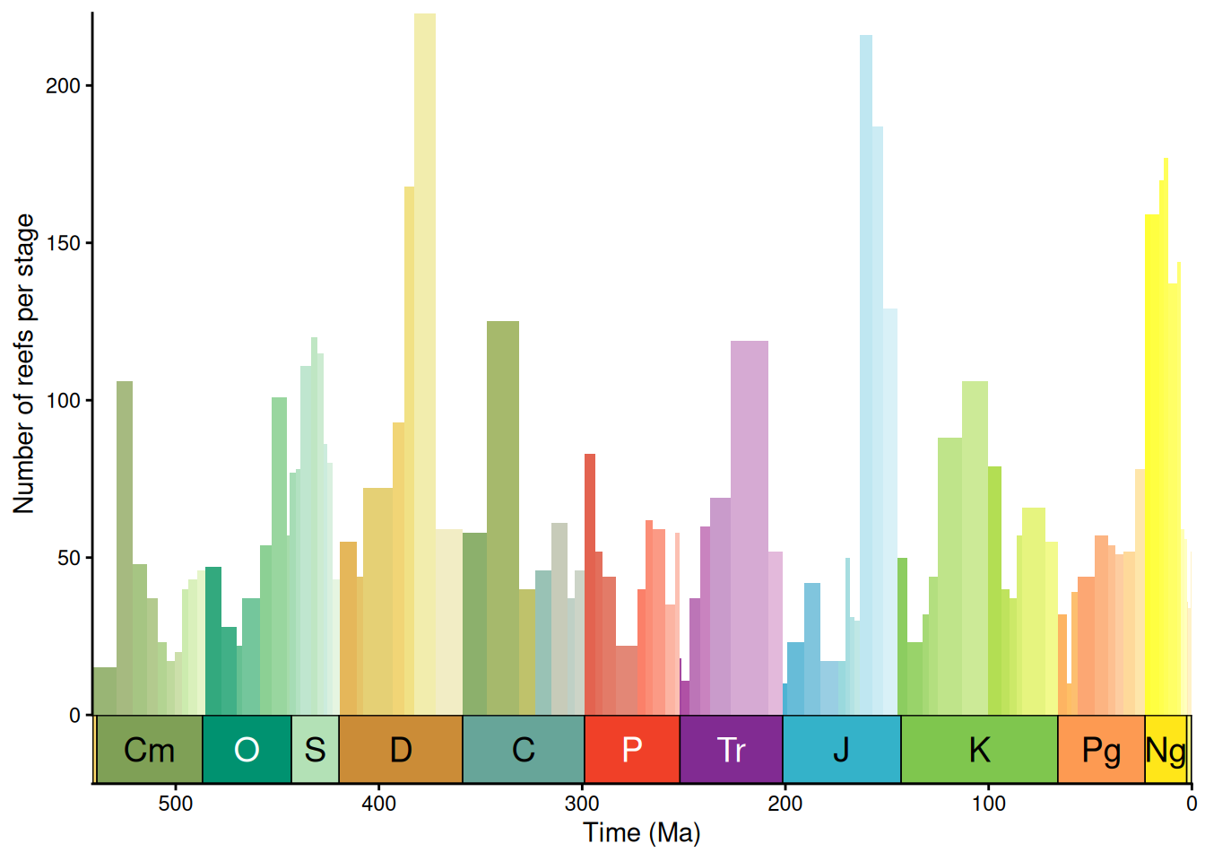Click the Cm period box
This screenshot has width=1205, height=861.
pyautogui.click(x=149, y=750)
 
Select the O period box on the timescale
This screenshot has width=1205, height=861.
pyautogui.click(x=247, y=750)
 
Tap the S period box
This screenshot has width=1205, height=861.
pyautogui.click(x=315, y=750)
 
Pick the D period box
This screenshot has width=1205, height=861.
pyautogui.click(x=401, y=750)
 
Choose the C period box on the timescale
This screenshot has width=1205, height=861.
pyautogui.click(x=524, y=750)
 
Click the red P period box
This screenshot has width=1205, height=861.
pyautogui.click(x=632, y=750)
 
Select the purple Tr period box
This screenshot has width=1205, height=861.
pyautogui.click(x=731, y=750)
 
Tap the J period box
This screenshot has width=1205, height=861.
pyautogui.click(x=841, y=750)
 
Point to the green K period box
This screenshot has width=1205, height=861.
pyautogui.click(x=979, y=750)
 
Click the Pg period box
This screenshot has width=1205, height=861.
pyautogui.click(x=1101, y=750)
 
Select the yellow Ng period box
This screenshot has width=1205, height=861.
pyautogui.click(x=1166, y=750)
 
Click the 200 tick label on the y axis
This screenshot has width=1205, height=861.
pyautogui.click(x=63, y=86)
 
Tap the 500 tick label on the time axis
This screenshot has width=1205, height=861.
pyautogui.click(x=176, y=804)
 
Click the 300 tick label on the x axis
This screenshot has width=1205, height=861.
pyautogui.click(x=582, y=804)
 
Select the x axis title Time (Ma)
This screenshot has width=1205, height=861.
pyautogui.click(x=641, y=833)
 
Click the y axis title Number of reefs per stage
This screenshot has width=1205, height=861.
pyautogui.click(x=24, y=363)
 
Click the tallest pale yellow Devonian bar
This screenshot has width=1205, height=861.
pyautogui.click(x=425, y=359)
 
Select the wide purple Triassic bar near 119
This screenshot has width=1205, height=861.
pyautogui.click(x=750, y=529)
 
